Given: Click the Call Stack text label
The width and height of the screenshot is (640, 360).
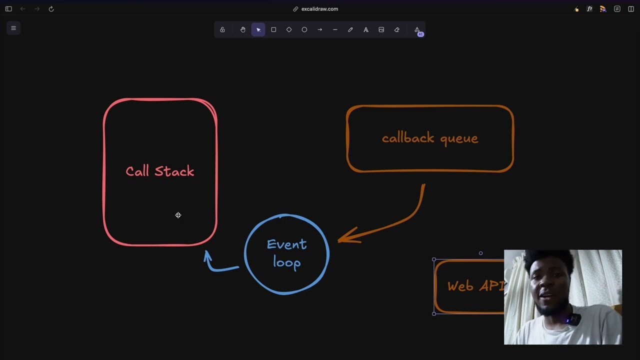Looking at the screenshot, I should (x=159, y=171).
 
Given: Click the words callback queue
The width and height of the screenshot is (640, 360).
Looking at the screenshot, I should (x=430, y=138).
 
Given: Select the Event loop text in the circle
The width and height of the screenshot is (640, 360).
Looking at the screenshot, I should (x=286, y=253).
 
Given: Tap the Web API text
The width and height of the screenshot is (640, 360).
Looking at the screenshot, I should (x=475, y=286).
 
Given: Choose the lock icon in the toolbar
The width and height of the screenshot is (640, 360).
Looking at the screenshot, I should (x=222, y=30).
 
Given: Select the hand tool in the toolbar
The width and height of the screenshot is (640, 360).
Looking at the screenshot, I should (x=243, y=30).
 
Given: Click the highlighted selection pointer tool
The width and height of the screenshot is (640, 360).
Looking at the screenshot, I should (x=258, y=30).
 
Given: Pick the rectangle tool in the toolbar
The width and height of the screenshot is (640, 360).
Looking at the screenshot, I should (x=273, y=30).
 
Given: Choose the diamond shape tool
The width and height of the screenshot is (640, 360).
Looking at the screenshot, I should (x=289, y=30).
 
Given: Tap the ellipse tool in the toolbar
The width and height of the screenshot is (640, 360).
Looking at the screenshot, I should (x=304, y=30).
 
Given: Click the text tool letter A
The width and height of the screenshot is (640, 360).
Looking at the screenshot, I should (x=366, y=30).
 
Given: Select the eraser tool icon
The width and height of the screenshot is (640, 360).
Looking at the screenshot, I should (x=397, y=30).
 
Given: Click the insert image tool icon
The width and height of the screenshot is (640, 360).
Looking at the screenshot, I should (x=381, y=30).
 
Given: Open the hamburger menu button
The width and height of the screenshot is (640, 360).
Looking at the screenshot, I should (x=13, y=28).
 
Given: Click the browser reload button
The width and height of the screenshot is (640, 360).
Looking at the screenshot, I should (x=51, y=9).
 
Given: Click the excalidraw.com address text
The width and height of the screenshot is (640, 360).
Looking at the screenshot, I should (x=319, y=9).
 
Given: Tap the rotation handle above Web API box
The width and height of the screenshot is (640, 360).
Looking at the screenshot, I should (x=481, y=253).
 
